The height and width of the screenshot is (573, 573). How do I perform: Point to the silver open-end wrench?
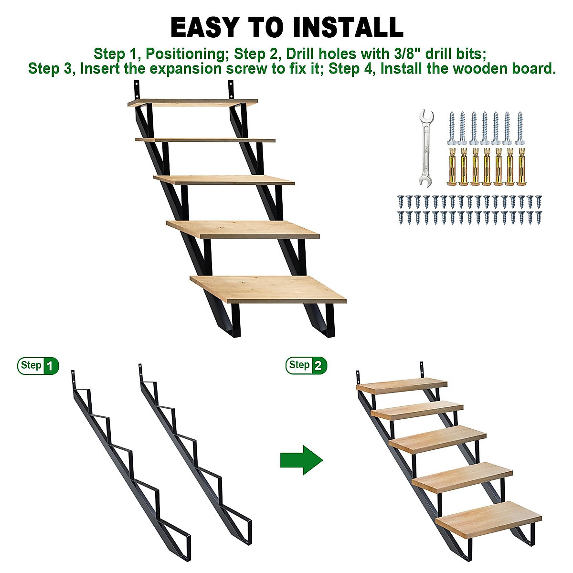[425, 148]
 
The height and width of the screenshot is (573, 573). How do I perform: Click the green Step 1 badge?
[38, 366]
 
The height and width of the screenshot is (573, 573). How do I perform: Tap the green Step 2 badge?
[307, 366]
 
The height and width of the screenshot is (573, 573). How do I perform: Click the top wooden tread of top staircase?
[193, 103]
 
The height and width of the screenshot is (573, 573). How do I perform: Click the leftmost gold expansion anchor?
[451, 167]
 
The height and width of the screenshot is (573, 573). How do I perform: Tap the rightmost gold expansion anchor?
[520, 167]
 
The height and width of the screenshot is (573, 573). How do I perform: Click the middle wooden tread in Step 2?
[437, 439]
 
